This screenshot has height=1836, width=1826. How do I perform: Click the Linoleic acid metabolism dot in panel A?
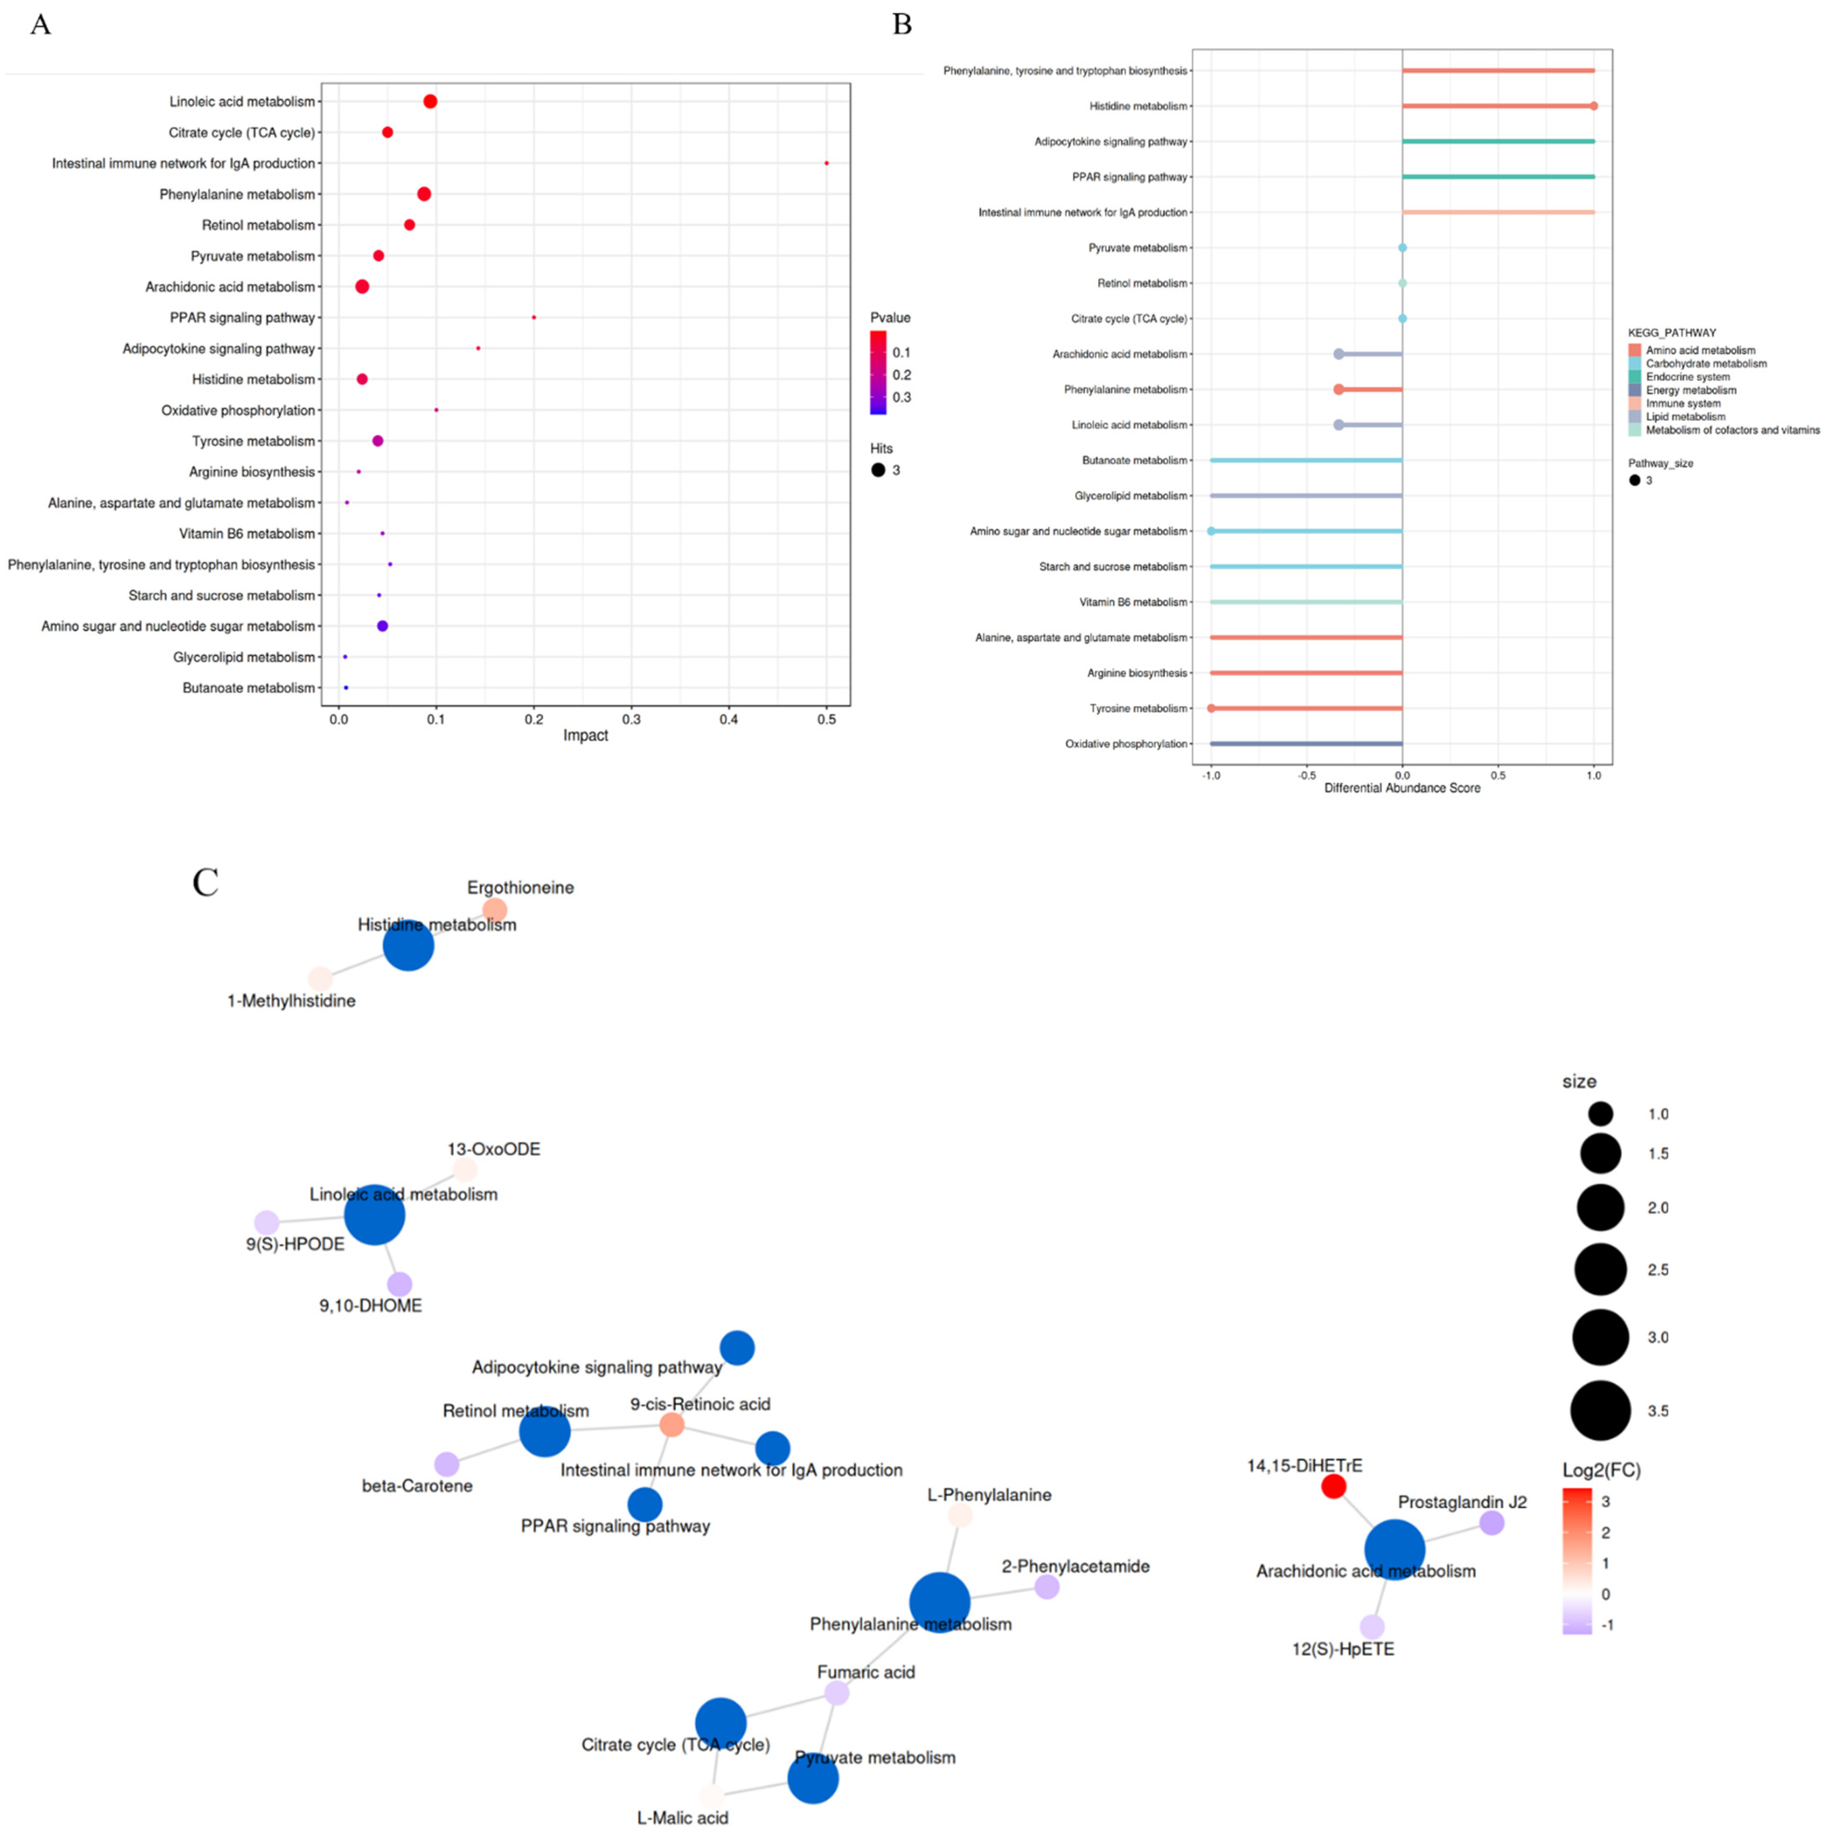pyautogui.click(x=430, y=102)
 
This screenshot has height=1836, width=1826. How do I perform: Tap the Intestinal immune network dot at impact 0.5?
pyautogui.click(x=826, y=163)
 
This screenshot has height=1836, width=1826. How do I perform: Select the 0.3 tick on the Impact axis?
pyautogui.click(x=631, y=719)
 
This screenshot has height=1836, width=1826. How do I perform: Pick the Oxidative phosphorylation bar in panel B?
pyautogui.click(x=1306, y=744)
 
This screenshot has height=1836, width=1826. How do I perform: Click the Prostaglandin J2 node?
pyautogui.click(x=1491, y=1523)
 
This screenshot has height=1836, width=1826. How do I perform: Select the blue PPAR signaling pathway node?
pyautogui.click(x=644, y=1504)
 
